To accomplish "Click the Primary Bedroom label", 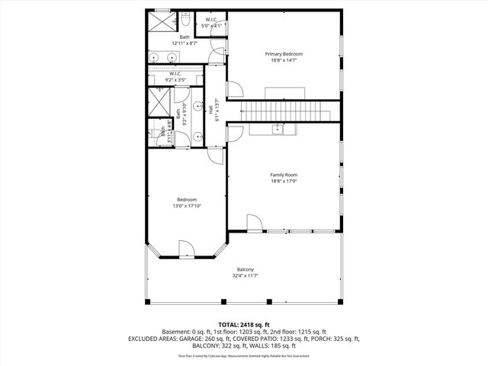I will [x=284, y=54].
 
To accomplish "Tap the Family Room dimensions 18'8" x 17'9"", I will [x=284, y=181].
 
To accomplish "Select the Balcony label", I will [x=245, y=270].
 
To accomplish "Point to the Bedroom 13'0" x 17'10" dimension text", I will [x=187, y=206].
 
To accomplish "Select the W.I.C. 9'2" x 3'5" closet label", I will [x=180, y=77].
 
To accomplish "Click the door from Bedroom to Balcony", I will [x=188, y=249].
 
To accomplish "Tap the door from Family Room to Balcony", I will [x=254, y=223].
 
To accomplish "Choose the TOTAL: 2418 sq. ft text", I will [x=244, y=324].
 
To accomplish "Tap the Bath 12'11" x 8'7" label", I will [x=185, y=40].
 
